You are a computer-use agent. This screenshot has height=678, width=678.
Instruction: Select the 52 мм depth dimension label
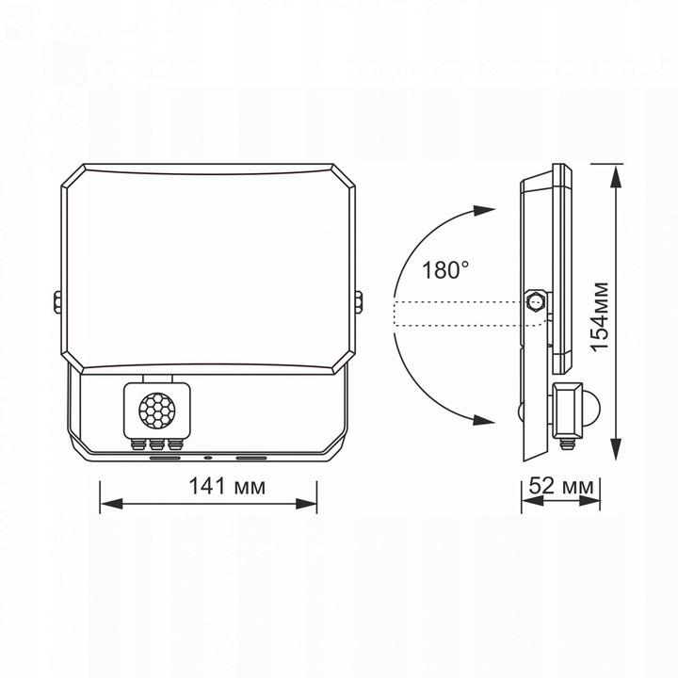pos(562,488)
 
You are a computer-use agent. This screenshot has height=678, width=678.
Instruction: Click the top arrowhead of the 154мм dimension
pos(617,173)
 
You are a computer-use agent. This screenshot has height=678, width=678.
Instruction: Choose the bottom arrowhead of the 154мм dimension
pos(617,458)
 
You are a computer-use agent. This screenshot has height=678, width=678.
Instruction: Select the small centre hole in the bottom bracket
pos(207,459)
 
